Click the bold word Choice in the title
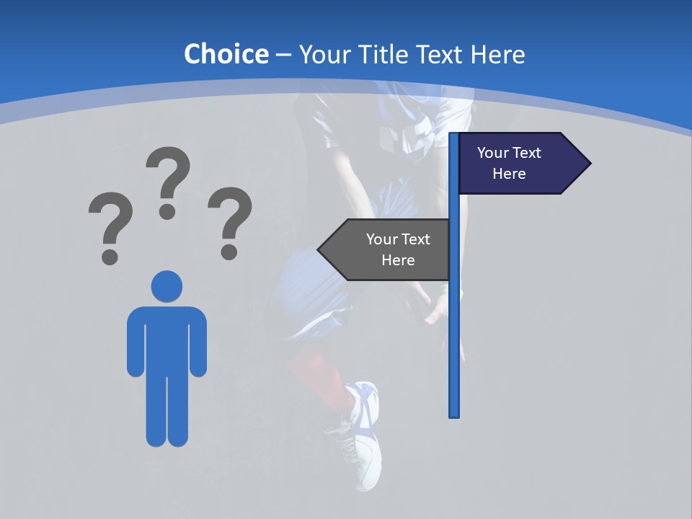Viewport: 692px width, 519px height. click(226, 54)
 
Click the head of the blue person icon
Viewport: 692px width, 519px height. click(167, 287)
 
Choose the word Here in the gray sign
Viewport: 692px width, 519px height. click(398, 260)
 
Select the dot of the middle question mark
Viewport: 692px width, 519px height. click(167, 211)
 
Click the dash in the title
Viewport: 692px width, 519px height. click(283, 55)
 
